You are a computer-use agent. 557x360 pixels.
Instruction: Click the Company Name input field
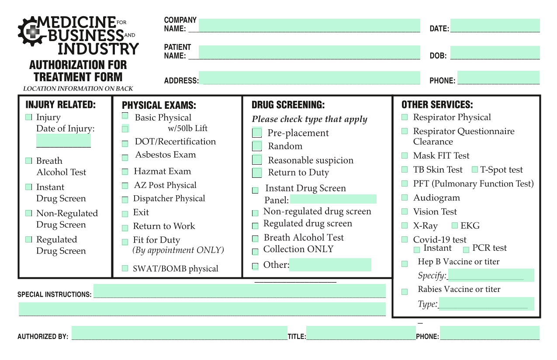point(309,25)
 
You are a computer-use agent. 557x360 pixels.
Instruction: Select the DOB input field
point(495,52)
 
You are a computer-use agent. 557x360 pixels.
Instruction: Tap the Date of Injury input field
point(63,141)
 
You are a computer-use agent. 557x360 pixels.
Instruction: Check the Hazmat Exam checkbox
point(125,172)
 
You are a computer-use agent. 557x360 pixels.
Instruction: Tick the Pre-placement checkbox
point(257,132)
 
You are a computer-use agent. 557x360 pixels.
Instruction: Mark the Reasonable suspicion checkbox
point(257,159)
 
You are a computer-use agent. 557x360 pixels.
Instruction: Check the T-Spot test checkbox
point(475,170)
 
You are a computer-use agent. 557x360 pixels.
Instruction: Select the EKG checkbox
point(454,225)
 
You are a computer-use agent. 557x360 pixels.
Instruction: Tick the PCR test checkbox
point(466,249)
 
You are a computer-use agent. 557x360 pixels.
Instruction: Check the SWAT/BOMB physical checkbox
point(125,268)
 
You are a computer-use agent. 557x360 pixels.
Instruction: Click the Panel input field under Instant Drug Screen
point(333,199)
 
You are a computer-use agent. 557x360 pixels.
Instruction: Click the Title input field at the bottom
point(361,333)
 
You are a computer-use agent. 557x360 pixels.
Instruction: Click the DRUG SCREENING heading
point(288,105)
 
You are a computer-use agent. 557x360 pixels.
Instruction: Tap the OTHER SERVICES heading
point(437,105)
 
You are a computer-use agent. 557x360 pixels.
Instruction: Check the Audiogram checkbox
point(405,197)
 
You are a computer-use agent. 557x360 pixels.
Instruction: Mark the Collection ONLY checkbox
point(255,252)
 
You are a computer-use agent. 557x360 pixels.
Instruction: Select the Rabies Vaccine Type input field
point(486,304)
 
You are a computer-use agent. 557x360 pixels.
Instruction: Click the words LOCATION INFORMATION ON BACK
point(78,89)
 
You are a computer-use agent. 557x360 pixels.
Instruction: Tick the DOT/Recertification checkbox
point(125,143)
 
